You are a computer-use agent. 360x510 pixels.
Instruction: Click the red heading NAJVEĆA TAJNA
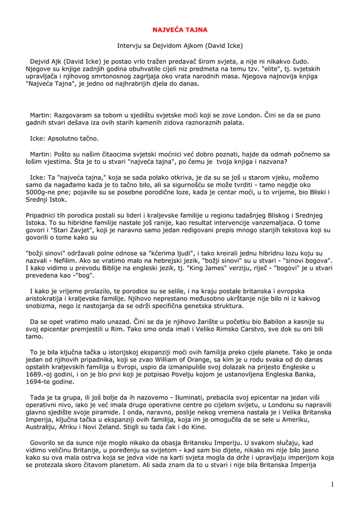(x=180, y=28)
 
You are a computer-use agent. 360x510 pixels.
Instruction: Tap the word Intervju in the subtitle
(x=131, y=45)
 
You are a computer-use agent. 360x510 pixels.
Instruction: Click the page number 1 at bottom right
(x=333, y=484)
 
